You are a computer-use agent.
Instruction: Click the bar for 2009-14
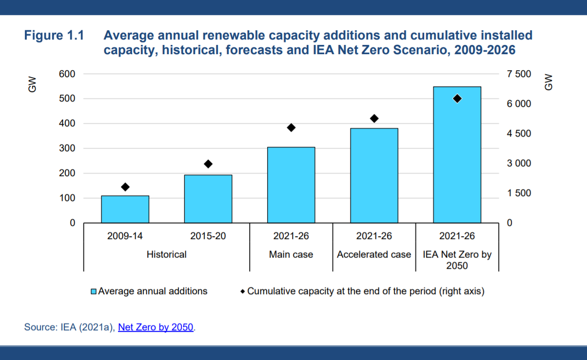click(125, 209)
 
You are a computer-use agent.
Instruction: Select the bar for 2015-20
click(208, 199)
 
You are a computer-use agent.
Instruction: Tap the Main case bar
click(291, 185)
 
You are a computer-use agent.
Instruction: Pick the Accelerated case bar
click(374, 176)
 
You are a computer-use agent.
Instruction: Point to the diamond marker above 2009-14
click(125, 187)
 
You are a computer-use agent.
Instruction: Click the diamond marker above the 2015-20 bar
click(208, 164)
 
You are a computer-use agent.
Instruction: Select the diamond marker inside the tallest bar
click(457, 99)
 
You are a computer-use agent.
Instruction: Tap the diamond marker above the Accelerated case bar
click(374, 118)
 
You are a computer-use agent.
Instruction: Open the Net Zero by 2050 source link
click(156, 327)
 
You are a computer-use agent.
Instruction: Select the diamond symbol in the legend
click(242, 292)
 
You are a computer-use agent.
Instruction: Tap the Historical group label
click(166, 255)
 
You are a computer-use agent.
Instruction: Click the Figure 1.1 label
click(54, 36)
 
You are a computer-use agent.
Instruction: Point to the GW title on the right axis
click(548, 81)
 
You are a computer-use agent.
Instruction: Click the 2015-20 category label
click(208, 237)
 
